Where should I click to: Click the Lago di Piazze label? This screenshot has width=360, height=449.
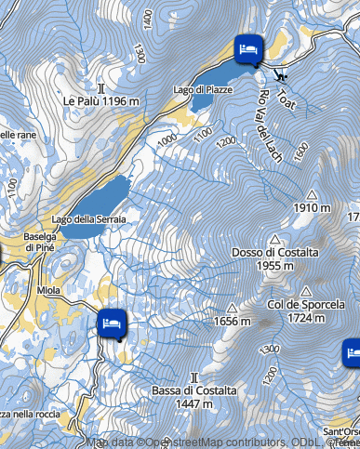tap(194, 88)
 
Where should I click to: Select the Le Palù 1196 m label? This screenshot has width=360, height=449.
tap(101, 100)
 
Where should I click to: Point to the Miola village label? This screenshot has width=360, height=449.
tap(49, 290)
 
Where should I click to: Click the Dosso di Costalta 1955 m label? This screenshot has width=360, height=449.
tap(275, 259)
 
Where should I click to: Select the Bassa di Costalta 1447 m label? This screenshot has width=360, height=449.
tap(194, 398)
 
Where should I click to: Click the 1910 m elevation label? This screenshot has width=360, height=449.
tap(312, 208)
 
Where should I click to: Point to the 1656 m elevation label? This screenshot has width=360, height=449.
tap(233, 322)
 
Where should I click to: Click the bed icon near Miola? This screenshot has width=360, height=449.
tap(112, 322)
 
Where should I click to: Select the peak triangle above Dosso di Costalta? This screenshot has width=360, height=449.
tap(275, 239)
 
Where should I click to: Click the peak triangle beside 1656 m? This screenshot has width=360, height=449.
tap(232, 308)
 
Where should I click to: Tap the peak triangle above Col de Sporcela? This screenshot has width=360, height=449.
tap(305, 291)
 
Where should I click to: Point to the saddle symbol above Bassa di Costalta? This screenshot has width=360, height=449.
tap(194, 377)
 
